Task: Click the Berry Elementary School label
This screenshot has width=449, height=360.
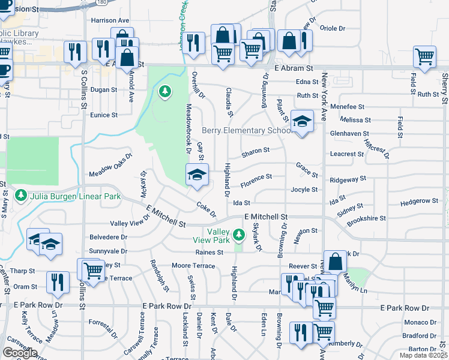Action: (246, 131)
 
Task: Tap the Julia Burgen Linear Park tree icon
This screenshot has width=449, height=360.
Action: (20, 196)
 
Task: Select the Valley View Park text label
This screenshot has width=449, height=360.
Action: (218, 236)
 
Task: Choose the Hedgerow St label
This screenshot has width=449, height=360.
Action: (419, 201)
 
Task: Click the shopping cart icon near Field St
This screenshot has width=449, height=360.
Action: (424, 57)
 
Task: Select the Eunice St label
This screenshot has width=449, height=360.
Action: (104, 115)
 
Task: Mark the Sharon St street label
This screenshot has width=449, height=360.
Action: (255, 152)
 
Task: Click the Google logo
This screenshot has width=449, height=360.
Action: (19, 352)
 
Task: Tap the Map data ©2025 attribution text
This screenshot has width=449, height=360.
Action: (424, 355)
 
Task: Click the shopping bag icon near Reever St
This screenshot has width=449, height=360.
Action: (336, 261)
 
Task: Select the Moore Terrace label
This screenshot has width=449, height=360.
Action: (193, 265)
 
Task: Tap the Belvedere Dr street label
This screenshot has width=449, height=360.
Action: (108, 237)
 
